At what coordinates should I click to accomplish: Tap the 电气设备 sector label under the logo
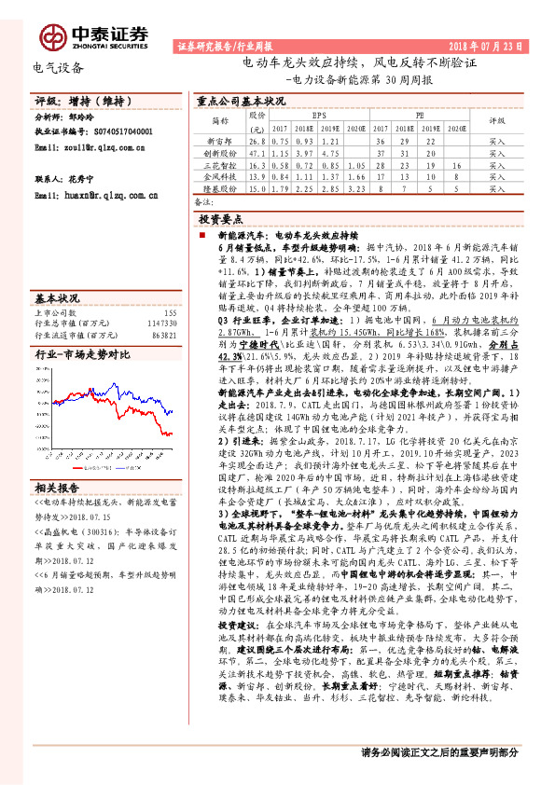pyautogui.click(x=58, y=67)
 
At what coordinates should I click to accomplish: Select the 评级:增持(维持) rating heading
pyautogui.click(x=67, y=101)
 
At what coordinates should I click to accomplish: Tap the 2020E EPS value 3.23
pyautogui.click(x=354, y=188)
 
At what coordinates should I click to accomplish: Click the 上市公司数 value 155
pyautogui.click(x=170, y=313)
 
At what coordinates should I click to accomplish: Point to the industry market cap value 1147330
pyautogui.click(x=161, y=324)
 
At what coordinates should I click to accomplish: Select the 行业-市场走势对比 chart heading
pyautogui.click(x=82, y=356)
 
